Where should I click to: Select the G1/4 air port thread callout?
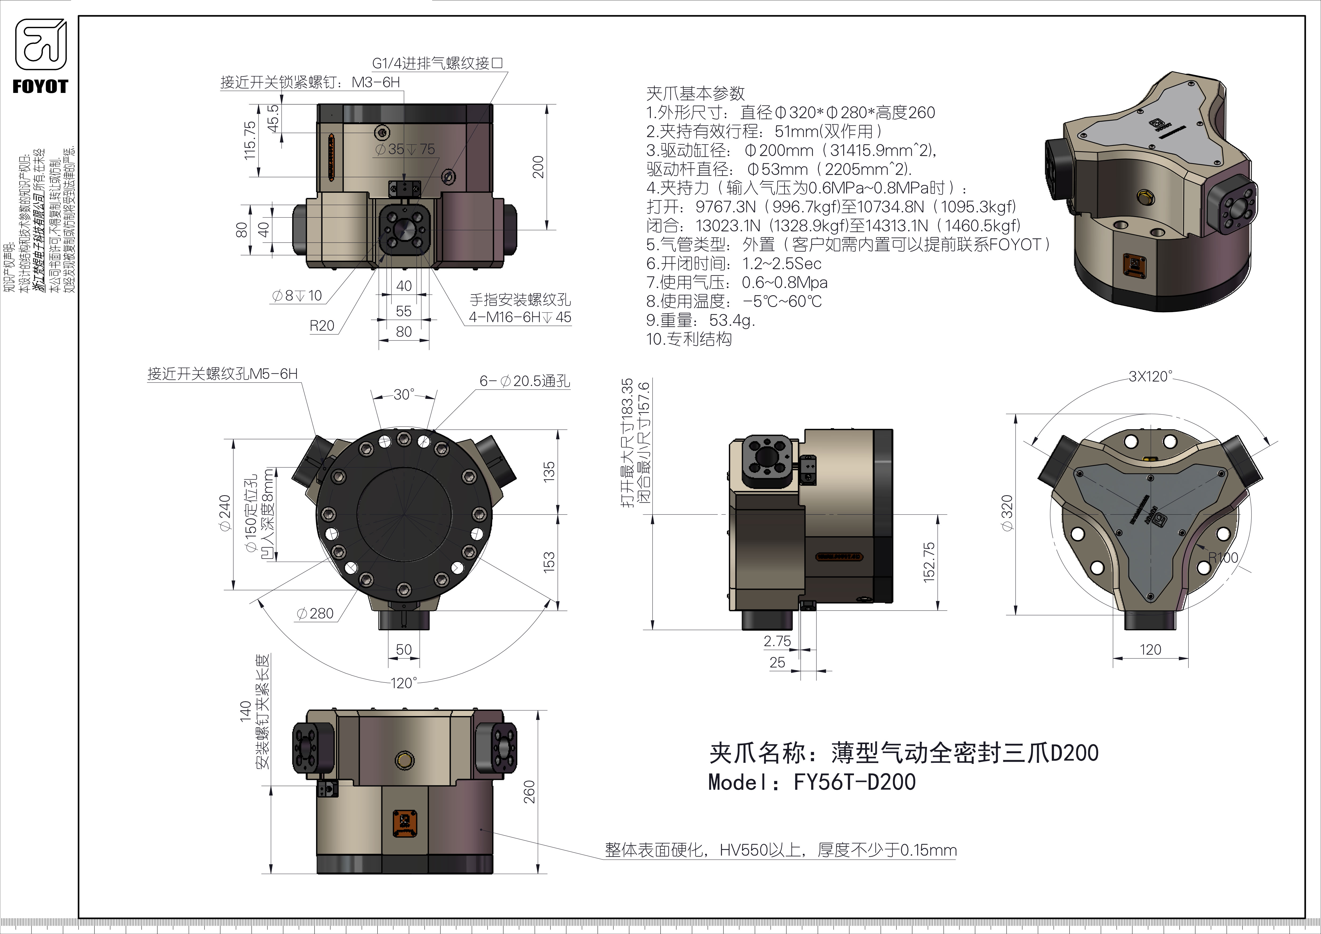point(437,63)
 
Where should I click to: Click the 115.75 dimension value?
point(250,140)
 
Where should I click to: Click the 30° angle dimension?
point(404,395)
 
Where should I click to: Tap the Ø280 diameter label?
point(315,614)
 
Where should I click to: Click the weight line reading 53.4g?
point(700,320)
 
